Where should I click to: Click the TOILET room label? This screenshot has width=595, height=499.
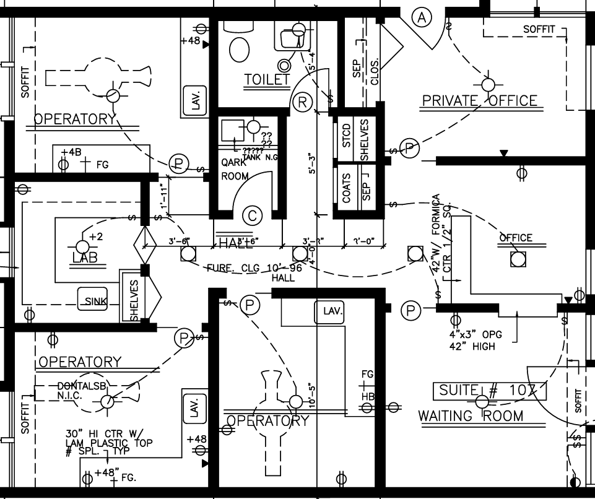click(267, 79)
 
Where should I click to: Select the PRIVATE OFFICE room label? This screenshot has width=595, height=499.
click(479, 100)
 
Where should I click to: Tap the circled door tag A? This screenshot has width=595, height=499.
click(422, 18)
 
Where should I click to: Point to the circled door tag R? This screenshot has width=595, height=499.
click(302, 102)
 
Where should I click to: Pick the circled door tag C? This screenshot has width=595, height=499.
click(252, 215)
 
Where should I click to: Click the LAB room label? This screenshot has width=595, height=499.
click(85, 258)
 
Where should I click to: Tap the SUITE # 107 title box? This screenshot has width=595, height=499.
click(489, 391)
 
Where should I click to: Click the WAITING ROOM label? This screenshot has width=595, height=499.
click(471, 415)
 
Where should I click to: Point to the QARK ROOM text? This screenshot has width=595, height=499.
click(235, 169)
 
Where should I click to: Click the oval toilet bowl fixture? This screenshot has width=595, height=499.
click(239, 48)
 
